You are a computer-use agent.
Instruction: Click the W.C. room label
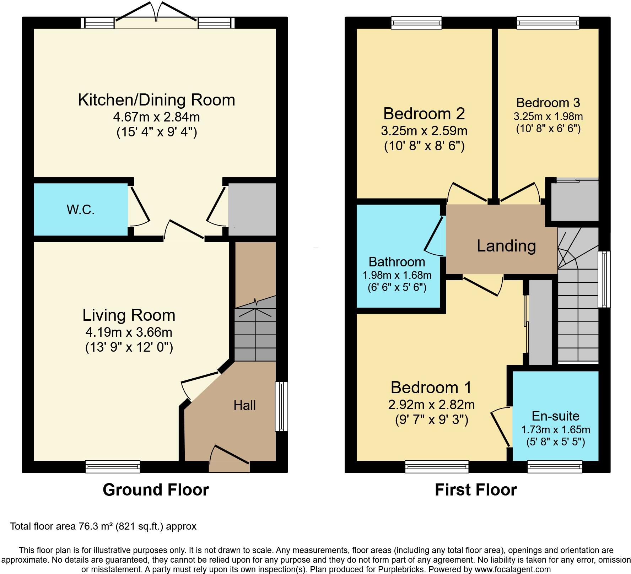point(81,210)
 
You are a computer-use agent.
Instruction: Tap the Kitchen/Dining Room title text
point(156,100)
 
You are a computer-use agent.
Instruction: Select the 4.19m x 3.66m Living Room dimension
point(129,332)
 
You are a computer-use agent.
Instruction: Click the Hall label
point(244,405)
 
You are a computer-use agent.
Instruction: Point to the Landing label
point(506,246)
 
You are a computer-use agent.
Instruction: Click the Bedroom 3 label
point(548,103)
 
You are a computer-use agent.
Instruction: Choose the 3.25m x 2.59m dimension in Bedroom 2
point(424,131)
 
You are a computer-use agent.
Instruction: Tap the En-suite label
point(555,416)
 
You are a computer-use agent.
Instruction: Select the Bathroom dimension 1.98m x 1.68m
point(397,275)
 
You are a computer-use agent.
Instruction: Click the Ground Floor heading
point(156,490)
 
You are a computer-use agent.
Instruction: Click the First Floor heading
point(475,490)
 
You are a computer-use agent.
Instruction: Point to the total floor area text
point(103,526)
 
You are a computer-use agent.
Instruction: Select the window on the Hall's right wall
point(281,406)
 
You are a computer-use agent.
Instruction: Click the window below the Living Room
point(113,466)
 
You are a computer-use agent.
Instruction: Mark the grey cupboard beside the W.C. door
point(252,209)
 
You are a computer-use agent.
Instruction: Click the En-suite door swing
point(501,426)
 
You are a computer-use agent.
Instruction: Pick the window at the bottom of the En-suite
point(555,466)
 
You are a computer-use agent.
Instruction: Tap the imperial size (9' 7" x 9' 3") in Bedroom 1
point(431,420)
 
